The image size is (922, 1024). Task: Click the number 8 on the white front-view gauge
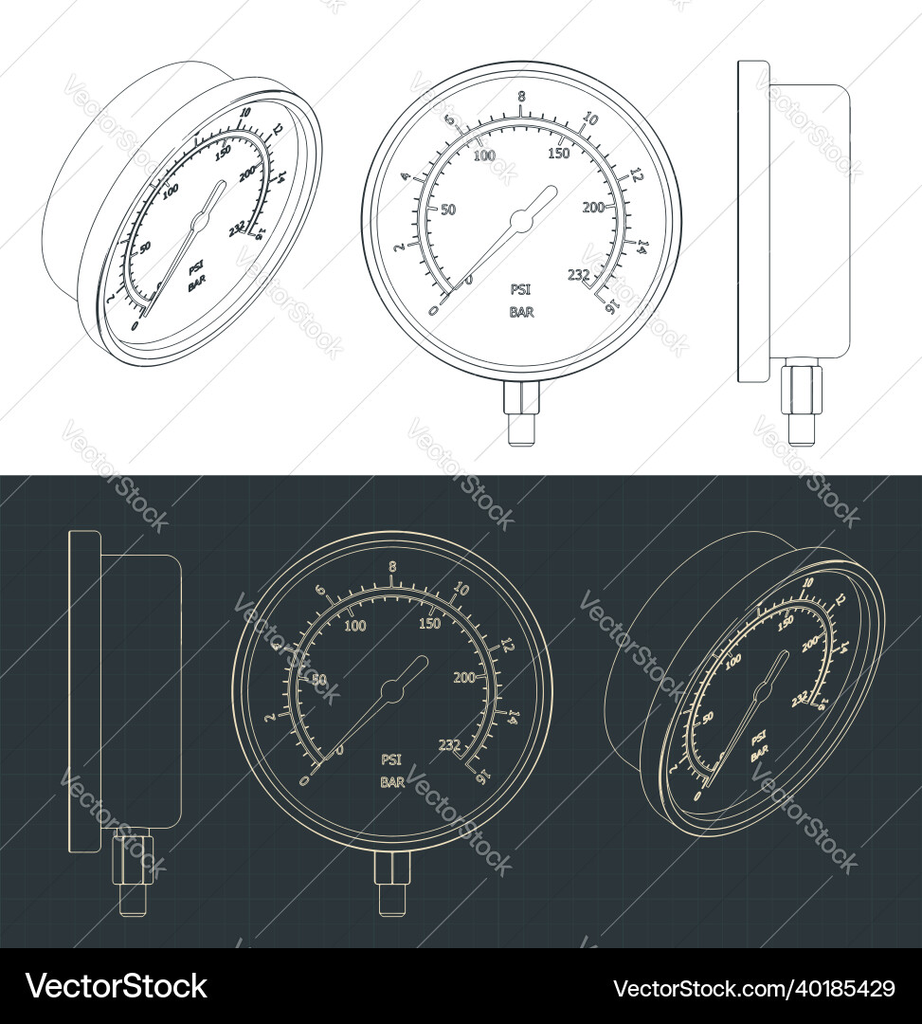520,97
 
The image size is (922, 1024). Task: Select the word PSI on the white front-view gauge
521,290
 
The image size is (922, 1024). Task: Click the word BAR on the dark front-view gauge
392,782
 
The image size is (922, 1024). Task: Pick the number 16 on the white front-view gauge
611,305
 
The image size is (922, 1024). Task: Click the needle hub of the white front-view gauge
520,220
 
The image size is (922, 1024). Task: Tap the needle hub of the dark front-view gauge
390,690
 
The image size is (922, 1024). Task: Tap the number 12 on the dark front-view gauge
507,646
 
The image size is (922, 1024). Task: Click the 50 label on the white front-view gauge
449,209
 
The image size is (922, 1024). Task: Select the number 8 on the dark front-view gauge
391,567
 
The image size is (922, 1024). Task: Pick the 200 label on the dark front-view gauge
464,677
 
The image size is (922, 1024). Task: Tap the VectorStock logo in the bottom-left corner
116,986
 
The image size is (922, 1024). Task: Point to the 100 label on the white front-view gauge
484,155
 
